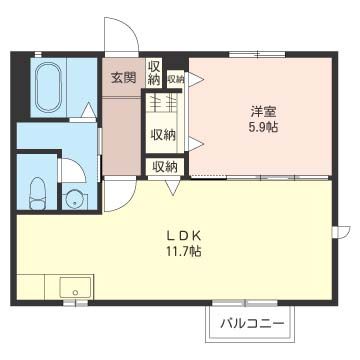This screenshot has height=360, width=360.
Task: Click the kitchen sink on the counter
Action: coord(73,290)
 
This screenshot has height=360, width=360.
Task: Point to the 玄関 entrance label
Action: coord(123,77)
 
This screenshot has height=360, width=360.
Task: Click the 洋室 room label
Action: coord(263,111)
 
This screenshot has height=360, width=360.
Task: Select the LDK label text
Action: coord(183,236)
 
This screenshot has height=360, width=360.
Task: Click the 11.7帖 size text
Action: coord(183,252)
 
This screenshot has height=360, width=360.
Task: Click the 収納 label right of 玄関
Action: coord(154,74)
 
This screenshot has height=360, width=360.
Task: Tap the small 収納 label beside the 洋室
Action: coord(176,78)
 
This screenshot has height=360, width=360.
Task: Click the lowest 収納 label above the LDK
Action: coord(164,166)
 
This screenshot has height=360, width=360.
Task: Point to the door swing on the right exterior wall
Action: coord(341,234)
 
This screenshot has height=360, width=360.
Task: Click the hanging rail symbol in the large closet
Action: coord(163,103)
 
